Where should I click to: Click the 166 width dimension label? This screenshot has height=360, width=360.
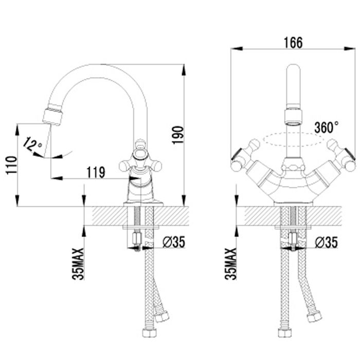tap(293, 43)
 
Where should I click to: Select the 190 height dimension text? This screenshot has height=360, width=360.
tap(178, 135)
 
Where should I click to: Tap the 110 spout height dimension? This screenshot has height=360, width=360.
tap(11, 165)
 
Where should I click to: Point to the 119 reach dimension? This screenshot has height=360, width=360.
tap(96, 172)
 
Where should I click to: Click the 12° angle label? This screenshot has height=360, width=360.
tap(32, 144)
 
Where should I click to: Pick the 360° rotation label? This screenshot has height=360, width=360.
tap(326, 128)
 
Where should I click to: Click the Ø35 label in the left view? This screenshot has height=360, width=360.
tap(174, 242)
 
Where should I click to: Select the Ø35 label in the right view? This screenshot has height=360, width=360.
tap(326, 242)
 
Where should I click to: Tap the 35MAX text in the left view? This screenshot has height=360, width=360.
tap(78, 264)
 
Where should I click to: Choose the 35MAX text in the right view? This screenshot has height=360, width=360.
tap(230, 264)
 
